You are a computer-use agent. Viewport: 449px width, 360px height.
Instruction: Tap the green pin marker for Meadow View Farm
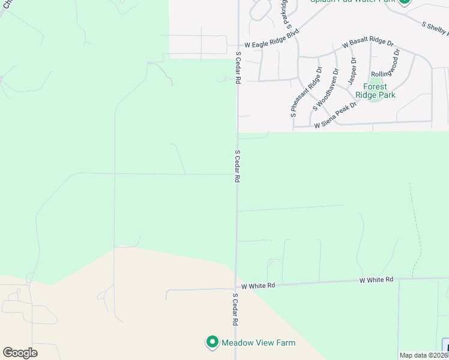212,342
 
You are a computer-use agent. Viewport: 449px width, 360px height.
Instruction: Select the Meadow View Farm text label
259,343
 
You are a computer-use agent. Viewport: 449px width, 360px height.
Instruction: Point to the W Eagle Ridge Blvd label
271,44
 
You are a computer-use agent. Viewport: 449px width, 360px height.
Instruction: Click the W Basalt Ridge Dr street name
368,44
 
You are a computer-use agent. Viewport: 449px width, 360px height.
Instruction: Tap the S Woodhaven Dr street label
323,88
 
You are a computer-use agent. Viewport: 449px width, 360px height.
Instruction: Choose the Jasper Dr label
353,71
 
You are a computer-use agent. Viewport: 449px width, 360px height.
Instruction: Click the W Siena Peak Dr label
335,115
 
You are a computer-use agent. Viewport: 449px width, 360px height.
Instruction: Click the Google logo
20,353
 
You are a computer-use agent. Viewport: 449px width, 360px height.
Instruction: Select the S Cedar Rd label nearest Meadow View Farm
234,310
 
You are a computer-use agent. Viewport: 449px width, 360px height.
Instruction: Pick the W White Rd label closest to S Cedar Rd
258,286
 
